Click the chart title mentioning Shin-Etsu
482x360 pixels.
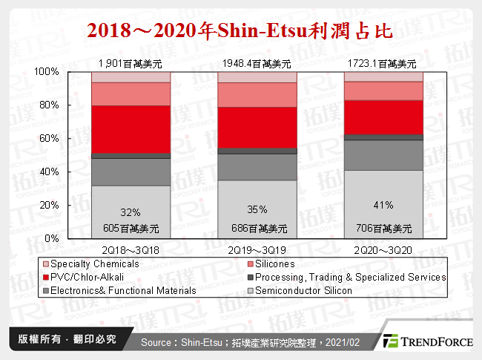[240, 30]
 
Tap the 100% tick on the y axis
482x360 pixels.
[48, 71]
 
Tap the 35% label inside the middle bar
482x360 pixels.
[257, 209]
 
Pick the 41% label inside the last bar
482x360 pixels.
[383, 205]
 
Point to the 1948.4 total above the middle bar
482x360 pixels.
[257, 64]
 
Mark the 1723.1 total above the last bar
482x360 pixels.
[384, 64]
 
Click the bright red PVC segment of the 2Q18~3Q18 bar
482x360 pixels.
[130, 129]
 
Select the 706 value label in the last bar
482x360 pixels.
[383, 228]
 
